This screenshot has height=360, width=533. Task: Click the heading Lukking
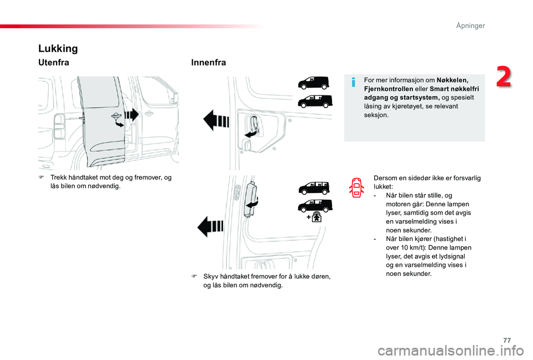[x=58, y=48]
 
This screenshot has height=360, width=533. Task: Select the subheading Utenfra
[x=53, y=63]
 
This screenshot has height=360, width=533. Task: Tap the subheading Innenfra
[x=208, y=63]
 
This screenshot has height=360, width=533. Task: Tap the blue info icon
[x=354, y=83]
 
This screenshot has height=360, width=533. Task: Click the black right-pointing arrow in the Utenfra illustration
[x=132, y=115]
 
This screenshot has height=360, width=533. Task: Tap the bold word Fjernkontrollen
[x=389, y=89]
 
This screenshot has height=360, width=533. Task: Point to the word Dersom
[x=385, y=178]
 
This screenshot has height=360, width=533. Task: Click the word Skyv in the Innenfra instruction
[x=210, y=276]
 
